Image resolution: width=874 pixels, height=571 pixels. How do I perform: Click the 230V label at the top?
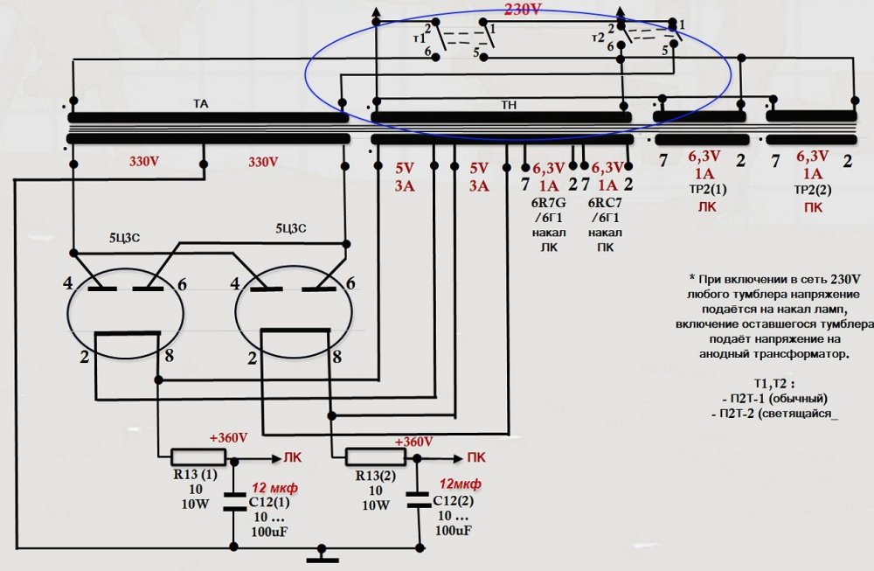click(x=524, y=10)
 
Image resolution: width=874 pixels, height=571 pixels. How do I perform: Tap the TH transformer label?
click(x=509, y=103)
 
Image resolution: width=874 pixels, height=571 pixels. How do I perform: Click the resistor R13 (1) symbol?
click(x=198, y=456)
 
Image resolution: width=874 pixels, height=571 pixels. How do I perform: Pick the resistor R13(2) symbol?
click(x=374, y=456)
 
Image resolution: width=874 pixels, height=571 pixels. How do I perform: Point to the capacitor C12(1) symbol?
click(x=234, y=503)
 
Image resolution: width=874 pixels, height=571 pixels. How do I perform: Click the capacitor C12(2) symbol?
click(x=413, y=503)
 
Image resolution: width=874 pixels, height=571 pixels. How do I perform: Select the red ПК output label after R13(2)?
click(x=476, y=456)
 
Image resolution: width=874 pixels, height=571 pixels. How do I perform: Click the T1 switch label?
click(x=419, y=38)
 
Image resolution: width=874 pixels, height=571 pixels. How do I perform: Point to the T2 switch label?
click(x=599, y=38)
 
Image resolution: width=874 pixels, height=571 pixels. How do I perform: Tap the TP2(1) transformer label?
click(x=705, y=191)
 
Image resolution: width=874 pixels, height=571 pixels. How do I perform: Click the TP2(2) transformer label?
click(x=813, y=191)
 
